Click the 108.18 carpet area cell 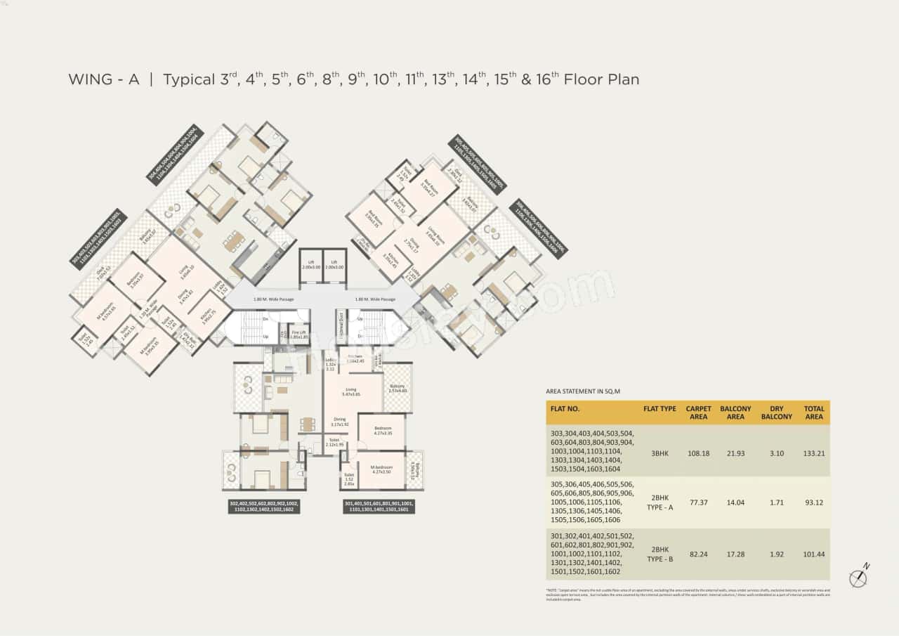[698, 453]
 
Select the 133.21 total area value [814, 453]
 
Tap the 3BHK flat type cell [660, 453]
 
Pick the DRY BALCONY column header [776, 413]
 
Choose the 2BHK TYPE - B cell [660, 554]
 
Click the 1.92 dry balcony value [776, 554]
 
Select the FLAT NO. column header [565, 408]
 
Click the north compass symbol [858, 578]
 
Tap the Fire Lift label [298, 335]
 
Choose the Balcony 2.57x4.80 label [398, 388]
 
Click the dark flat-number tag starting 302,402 [264, 507]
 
